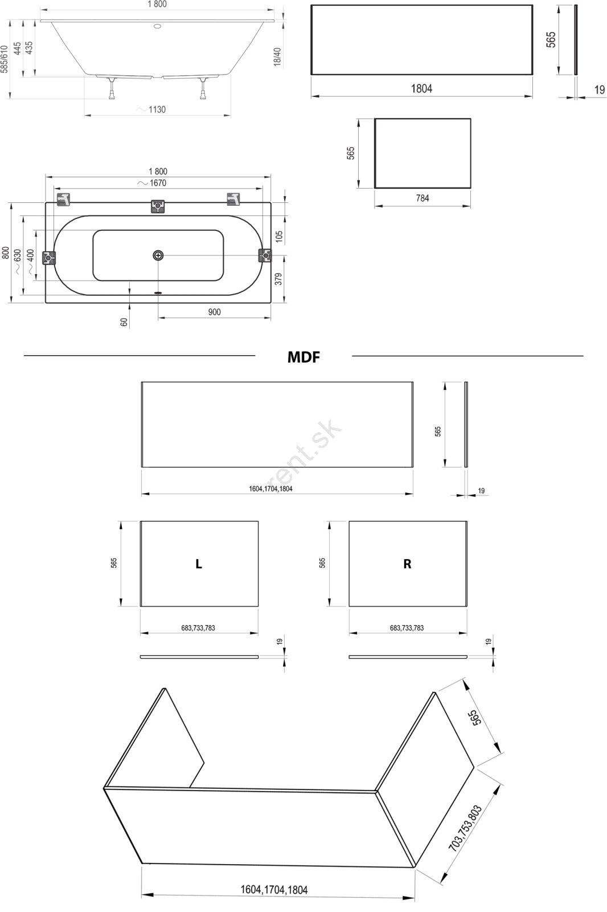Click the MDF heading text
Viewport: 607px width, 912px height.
point(303,357)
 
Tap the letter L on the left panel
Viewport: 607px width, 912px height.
point(199,564)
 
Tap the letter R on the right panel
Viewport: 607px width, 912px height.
point(407,564)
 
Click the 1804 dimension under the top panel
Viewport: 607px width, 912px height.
point(421,88)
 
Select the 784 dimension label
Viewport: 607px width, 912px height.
point(423,198)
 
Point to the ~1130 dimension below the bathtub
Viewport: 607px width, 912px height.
point(151,109)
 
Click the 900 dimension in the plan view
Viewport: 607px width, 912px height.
point(215,312)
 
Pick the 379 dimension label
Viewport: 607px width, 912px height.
point(278,279)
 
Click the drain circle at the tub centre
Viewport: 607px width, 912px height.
point(158,256)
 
